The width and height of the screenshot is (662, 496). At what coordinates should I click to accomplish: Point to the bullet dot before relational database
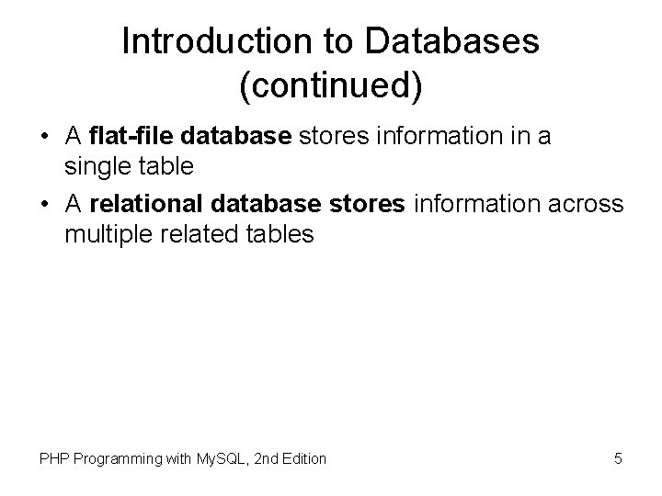tap(45, 203)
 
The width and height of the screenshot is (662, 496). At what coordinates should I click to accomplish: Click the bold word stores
tap(371, 202)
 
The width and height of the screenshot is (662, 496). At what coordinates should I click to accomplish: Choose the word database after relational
tap(271, 202)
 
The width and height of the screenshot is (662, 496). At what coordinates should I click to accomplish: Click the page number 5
tap(618, 457)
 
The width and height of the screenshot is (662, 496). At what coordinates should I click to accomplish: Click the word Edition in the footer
tap(302, 457)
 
